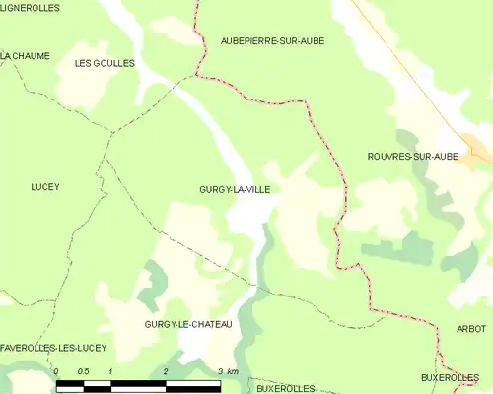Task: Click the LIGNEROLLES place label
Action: [30, 8]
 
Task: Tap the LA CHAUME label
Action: [25, 56]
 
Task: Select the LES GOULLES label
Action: [105, 62]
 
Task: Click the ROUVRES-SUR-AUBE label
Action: [412, 157]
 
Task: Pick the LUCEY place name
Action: [45, 187]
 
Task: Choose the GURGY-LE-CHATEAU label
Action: [187, 325]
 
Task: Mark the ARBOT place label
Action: [472, 328]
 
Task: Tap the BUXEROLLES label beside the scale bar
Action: [285, 388]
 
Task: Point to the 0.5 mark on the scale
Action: [83, 371]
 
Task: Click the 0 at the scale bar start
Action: [57, 371]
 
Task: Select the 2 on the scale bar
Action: [166, 371]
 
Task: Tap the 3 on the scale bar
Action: [219, 371]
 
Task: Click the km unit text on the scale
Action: [232, 371]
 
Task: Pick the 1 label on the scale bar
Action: [111, 371]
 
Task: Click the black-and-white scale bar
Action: [138, 382]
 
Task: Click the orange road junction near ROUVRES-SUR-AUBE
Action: [475, 151]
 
